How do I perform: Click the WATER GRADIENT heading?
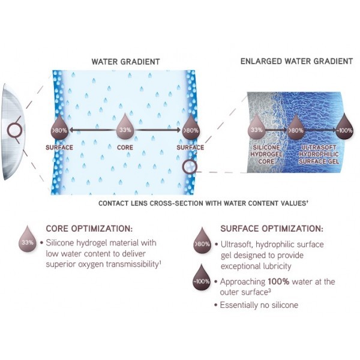coord(125,62)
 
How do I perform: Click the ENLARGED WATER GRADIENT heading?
coord(296,61)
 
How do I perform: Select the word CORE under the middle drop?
coord(125,147)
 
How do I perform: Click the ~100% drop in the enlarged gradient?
coord(344,127)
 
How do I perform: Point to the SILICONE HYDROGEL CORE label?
coord(266,154)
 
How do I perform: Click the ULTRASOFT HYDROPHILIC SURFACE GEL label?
coord(319,154)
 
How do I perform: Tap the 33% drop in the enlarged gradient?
coord(256,127)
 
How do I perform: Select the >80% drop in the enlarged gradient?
coord(296,127)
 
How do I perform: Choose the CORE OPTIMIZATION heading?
coord(89,229)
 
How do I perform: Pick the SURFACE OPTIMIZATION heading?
coord(272,229)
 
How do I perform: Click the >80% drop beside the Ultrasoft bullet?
coord(202,241)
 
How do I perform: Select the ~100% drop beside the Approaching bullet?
coord(202,278)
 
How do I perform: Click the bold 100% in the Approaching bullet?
coord(278,281)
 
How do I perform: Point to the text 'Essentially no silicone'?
coord(259,305)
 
